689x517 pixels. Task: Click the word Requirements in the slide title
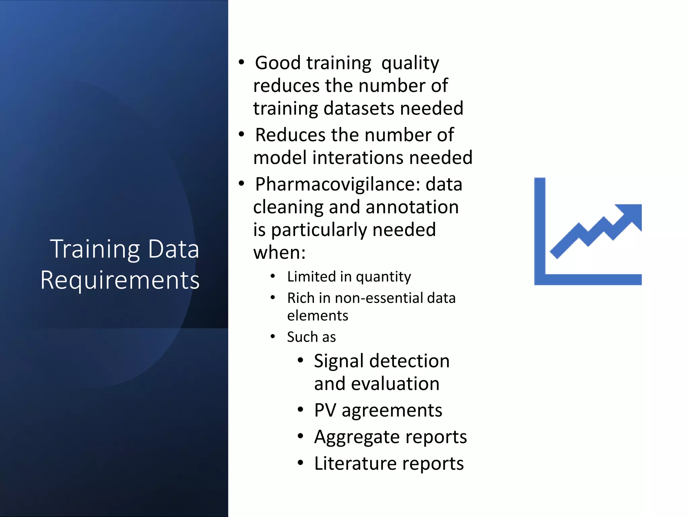click(120, 280)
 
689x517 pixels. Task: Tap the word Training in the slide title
click(95, 249)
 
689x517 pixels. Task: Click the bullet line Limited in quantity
click(349, 277)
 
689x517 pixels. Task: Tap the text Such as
click(311, 337)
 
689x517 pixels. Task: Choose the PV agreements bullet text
click(378, 410)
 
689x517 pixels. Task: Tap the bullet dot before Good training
click(241, 63)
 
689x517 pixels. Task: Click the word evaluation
click(395, 384)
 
